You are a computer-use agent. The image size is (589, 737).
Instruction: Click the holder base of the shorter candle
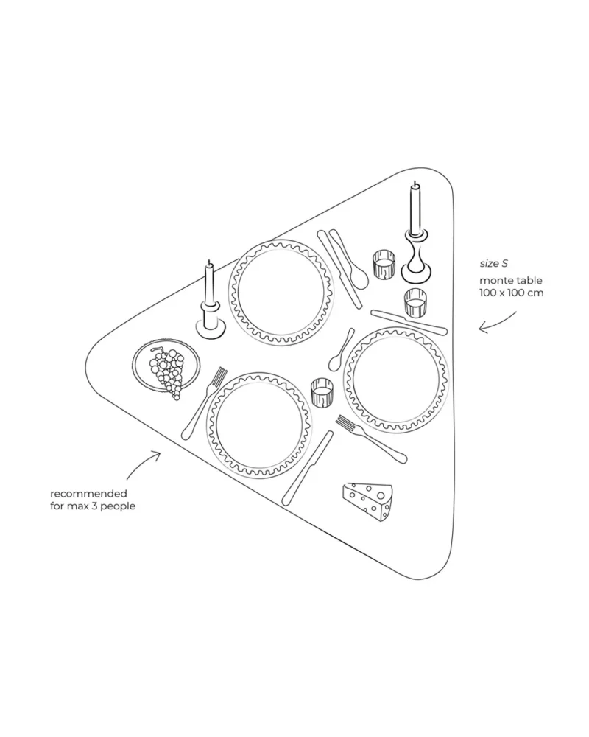click(210, 326)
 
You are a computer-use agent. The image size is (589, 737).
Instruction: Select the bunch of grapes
click(167, 371)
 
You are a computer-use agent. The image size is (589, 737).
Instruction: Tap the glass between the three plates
click(322, 393)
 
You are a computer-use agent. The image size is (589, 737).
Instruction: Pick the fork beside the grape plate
click(205, 402)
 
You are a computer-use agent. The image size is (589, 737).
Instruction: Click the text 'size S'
click(493, 263)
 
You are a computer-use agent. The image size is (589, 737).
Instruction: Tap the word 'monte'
click(495, 280)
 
